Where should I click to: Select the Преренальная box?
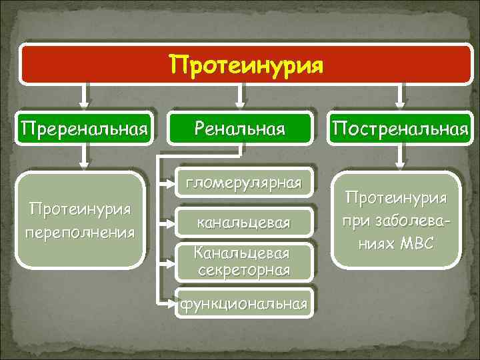point(84,127)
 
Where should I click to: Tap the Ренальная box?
point(239,127)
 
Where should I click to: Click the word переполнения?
point(80,233)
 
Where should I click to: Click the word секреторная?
point(243,269)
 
